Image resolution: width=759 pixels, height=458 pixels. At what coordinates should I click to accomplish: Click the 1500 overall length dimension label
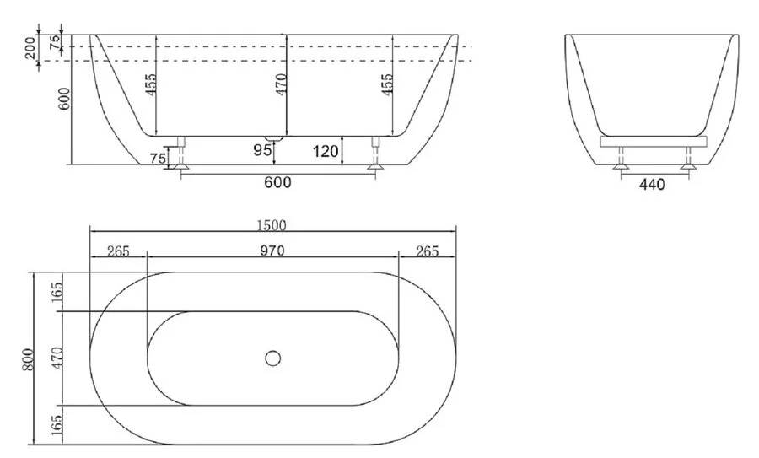272,225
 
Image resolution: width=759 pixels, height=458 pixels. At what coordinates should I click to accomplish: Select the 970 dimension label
272,251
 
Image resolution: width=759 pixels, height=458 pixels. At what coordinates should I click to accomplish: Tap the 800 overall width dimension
28,359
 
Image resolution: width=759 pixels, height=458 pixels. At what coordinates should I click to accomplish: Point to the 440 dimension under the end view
652,185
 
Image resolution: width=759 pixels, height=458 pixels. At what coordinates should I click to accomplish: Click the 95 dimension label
262,150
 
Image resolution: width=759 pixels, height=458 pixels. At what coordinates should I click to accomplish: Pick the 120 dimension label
326,152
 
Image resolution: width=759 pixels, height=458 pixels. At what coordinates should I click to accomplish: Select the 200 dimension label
30,47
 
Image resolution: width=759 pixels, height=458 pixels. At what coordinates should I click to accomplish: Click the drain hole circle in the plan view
273,358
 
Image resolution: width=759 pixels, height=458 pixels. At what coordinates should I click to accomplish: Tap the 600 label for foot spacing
277,182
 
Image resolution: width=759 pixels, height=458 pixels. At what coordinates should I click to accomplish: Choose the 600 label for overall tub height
65,99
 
